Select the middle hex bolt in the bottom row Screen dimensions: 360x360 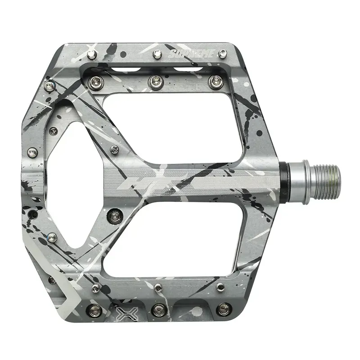[158, 309]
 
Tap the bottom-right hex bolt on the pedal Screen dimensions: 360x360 [221, 309]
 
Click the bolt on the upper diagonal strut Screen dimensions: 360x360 [114, 149]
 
